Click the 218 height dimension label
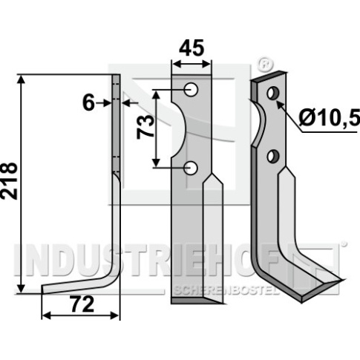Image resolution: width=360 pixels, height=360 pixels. (x=9, y=181)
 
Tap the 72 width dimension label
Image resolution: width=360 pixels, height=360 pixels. (x=82, y=304)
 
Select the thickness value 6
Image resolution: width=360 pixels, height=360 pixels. (x=88, y=103)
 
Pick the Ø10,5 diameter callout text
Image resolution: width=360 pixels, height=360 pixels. (x=329, y=117)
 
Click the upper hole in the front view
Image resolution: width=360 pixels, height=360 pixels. (x=191, y=89)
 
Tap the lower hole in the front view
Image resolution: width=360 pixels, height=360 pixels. (x=191, y=168)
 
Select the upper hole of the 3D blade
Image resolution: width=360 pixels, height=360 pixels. (x=273, y=93)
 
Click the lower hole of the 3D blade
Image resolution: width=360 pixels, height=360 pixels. (x=273, y=157)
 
